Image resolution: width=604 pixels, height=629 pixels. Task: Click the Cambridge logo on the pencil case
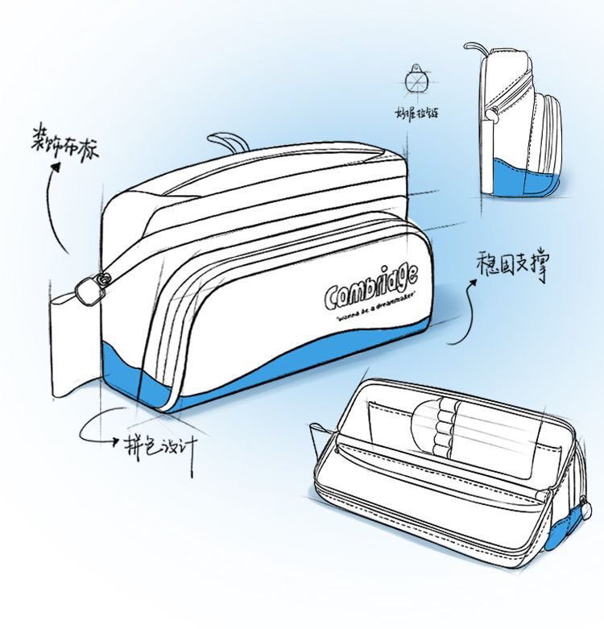370,286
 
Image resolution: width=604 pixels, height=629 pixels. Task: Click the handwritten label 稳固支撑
512,267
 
